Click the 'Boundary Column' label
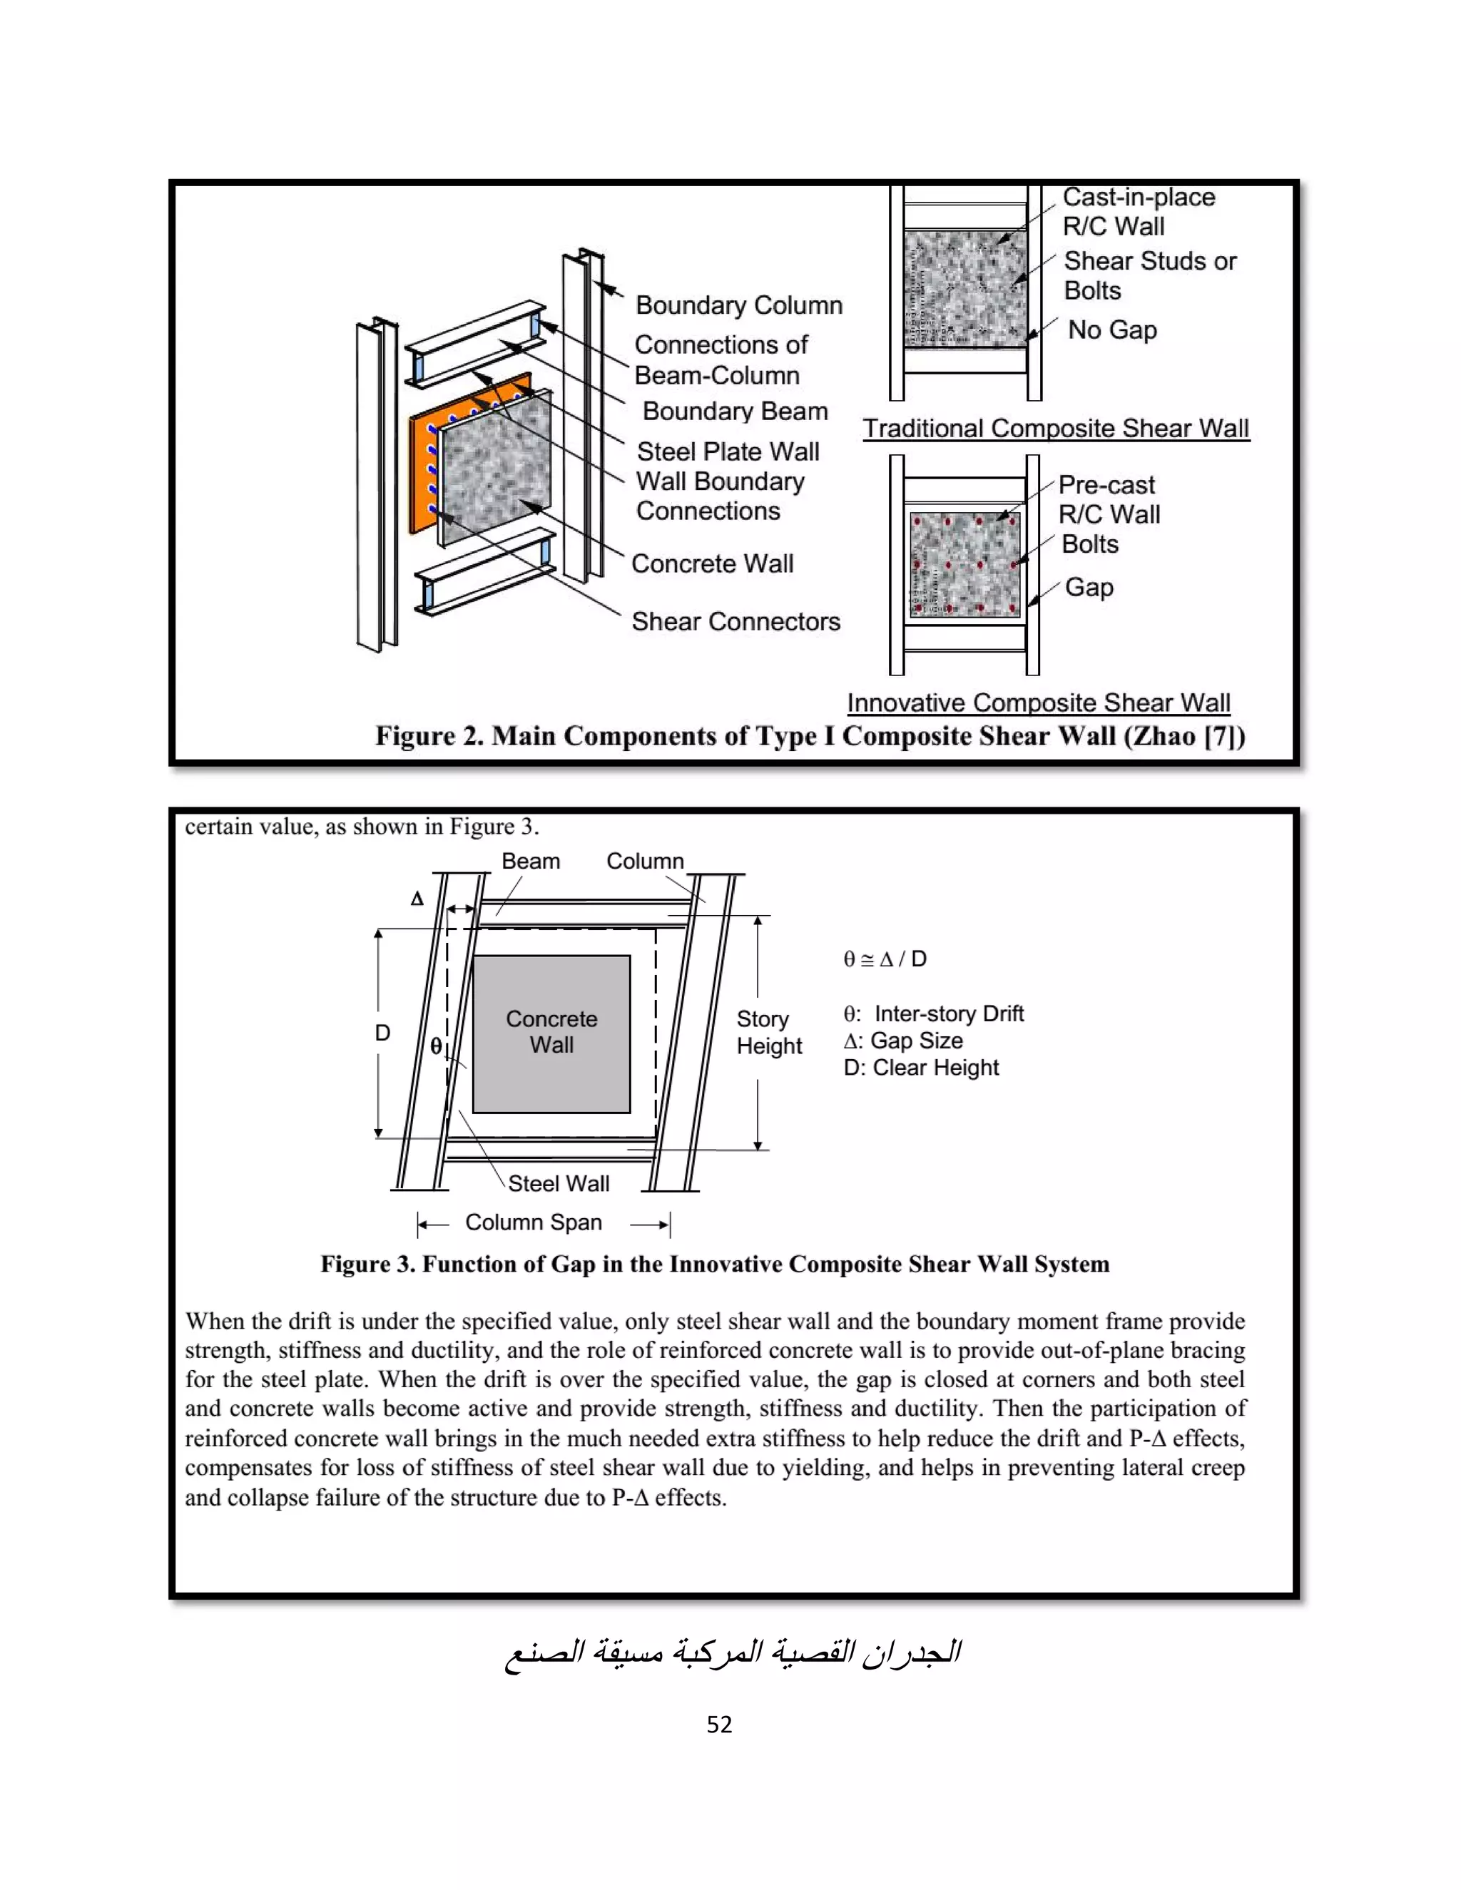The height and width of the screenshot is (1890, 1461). [x=738, y=305]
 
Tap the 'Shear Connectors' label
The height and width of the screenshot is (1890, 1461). [x=735, y=621]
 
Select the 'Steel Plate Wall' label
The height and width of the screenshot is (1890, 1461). [x=728, y=451]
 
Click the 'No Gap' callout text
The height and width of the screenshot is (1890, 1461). [x=1112, y=330]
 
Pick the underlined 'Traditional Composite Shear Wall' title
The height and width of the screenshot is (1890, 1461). [x=1056, y=429]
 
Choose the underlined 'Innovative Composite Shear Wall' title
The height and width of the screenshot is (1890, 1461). [x=1039, y=703]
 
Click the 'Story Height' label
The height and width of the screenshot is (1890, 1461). [x=768, y=1033]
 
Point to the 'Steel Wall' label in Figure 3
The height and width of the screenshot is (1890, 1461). [x=559, y=1183]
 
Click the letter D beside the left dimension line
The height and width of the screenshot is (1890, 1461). [x=382, y=1033]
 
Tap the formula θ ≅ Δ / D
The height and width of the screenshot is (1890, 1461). [x=885, y=959]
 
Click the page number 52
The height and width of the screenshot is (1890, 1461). [x=719, y=1725]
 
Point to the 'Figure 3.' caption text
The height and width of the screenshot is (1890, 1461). [x=715, y=1265]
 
